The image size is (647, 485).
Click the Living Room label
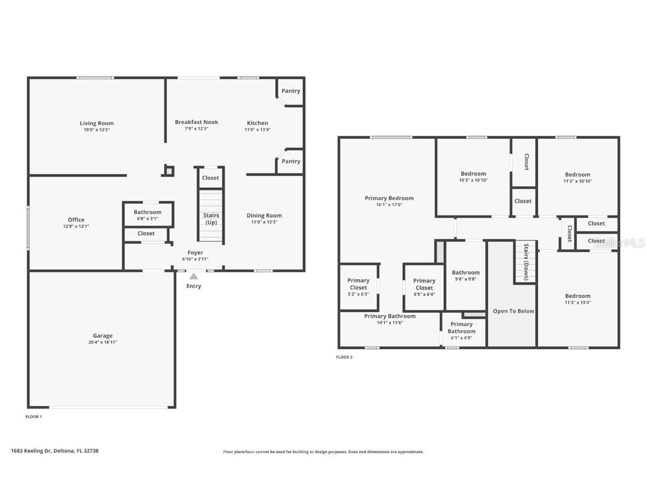coord(97,123)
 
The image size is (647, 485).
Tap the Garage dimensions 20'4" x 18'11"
coord(102,342)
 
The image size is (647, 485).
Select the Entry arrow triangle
coord(194,276)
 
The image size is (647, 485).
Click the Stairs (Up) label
coord(211,219)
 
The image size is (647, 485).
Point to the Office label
coord(76,220)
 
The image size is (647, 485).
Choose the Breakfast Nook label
coord(196,122)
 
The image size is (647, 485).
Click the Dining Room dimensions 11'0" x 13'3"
coord(264,222)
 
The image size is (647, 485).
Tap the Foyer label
coord(195,253)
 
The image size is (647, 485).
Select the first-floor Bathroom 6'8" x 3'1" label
coord(147,212)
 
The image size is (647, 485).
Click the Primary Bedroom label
coord(389,198)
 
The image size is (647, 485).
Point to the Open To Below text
coord(513,311)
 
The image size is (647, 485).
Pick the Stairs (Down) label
coord(526,262)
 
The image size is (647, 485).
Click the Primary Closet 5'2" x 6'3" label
coord(358,283)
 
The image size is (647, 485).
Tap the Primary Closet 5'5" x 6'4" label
coord(424,284)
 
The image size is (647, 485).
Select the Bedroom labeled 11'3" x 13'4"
coord(577,296)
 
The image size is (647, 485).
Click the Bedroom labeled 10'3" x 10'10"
coord(473,174)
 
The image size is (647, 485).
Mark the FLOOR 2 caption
coord(344,357)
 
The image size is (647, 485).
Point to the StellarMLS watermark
coord(621,242)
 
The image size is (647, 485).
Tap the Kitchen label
coord(257,123)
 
